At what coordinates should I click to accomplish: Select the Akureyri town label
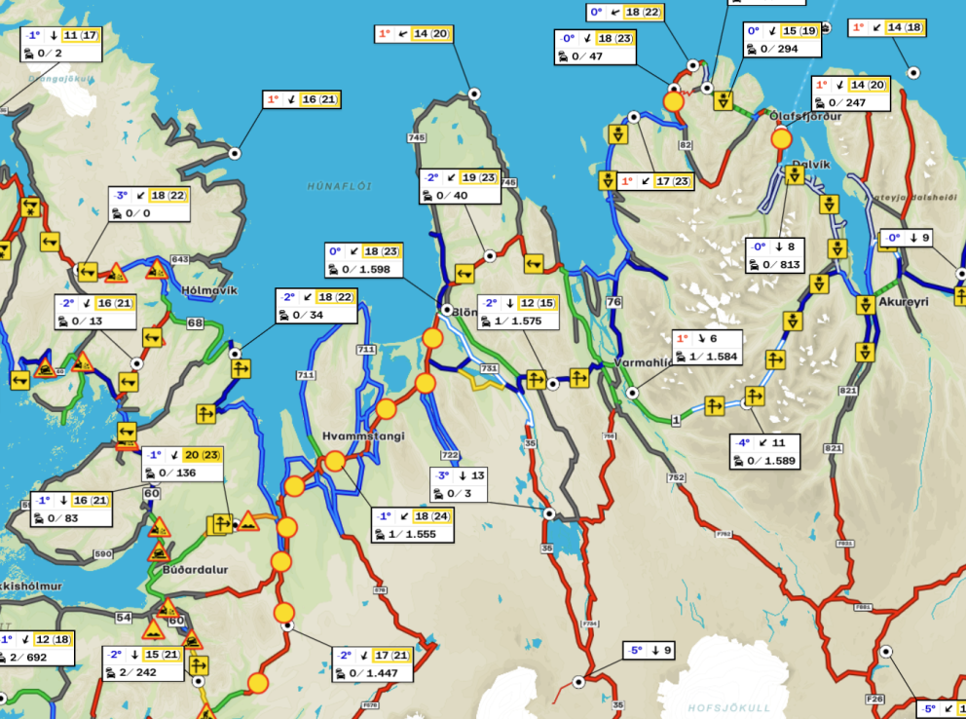coord(903,302)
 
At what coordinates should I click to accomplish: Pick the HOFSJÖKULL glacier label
coord(729,707)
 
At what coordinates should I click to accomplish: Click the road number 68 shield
coord(195,322)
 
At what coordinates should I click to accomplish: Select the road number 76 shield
coord(613,302)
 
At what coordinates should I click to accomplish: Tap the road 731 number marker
coord(488,369)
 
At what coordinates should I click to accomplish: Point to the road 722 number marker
coord(449,455)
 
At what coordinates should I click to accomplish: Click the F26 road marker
coord(874,699)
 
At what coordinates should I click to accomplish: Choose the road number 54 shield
coord(124,619)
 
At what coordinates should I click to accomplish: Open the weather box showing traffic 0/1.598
coord(365,260)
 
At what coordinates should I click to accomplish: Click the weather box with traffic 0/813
coord(775,255)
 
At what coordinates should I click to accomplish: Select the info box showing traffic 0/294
coord(781,39)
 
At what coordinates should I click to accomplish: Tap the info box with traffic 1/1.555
coord(413,525)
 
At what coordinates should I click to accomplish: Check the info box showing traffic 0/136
coord(182,464)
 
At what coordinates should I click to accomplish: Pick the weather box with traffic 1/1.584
coord(707,347)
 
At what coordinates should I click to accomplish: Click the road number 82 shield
coord(686,145)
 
